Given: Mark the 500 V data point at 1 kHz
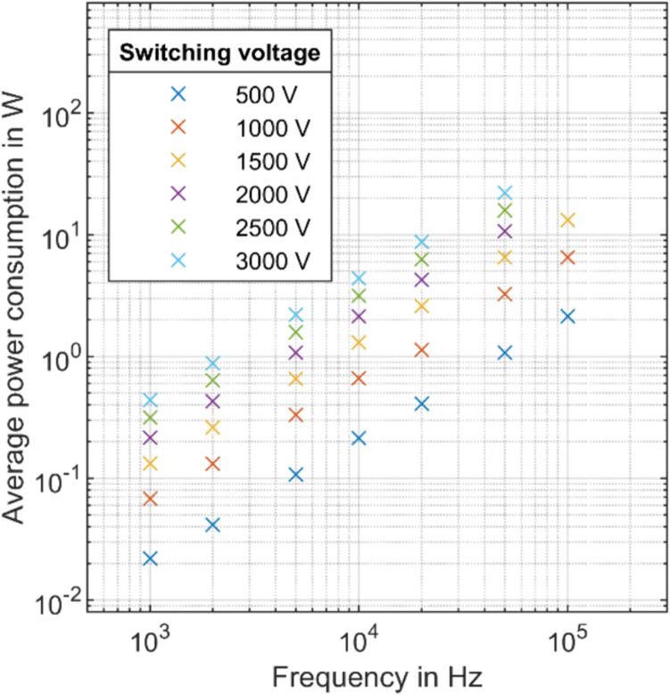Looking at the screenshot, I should click(x=150, y=558).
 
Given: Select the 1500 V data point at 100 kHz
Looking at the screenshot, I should click(x=567, y=220).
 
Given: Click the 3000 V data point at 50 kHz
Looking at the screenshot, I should click(x=505, y=193).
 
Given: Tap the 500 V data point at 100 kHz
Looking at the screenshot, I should click(x=567, y=317).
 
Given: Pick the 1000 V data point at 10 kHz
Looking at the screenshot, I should click(x=359, y=378).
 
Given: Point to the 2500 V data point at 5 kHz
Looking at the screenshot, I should click(x=296, y=333).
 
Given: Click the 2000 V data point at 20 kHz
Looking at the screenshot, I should click(x=422, y=280).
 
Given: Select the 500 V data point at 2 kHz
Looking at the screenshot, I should click(x=212, y=525).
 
